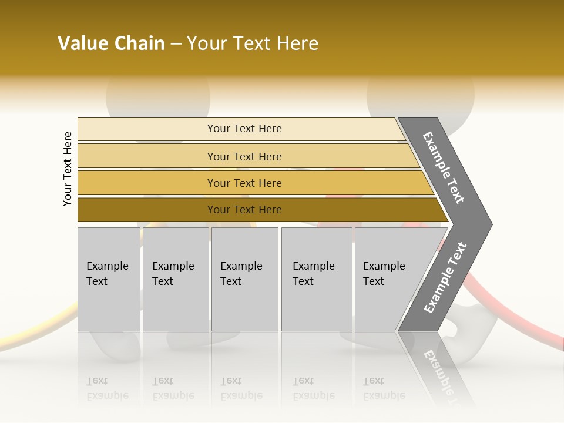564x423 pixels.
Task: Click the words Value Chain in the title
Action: pos(111,43)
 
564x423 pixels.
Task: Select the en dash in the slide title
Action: pos(176,44)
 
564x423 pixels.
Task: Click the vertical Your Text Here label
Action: pos(68,169)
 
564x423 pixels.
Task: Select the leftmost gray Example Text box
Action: pos(109,279)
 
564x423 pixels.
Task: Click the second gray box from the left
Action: pos(176,279)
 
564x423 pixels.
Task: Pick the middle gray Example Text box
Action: pos(244,279)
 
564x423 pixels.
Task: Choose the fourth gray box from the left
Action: pos(316,279)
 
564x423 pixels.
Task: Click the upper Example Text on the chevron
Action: pos(444,167)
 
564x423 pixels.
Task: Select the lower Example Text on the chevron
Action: pos(445,278)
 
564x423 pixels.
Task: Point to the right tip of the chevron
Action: pos(491,224)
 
